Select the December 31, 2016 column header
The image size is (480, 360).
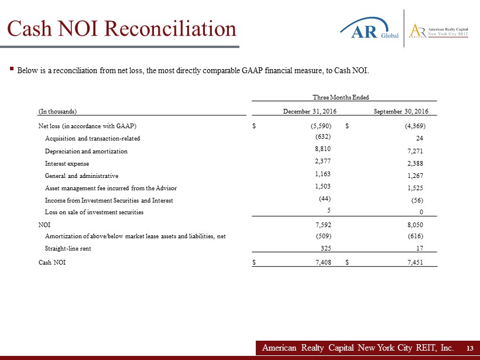pyautogui.click(x=310, y=111)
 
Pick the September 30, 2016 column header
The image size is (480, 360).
pyautogui.click(x=401, y=111)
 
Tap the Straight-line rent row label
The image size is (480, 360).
pyautogui.click(x=68, y=248)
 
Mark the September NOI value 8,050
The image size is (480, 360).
pyautogui.click(x=414, y=224)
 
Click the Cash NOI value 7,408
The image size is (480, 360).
pyautogui.click(x=323, y=263)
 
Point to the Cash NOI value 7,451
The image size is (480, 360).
pyautogui.click(x=414, y=263)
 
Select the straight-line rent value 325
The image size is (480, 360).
pyautogui.click(x=327, y=248)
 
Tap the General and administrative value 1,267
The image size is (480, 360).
pyautogui.click(x=414, y=176)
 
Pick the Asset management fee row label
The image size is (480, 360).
pyautogui.click(x=111, y=188)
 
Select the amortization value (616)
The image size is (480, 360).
pyautogui.click(x=414, y=236)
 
